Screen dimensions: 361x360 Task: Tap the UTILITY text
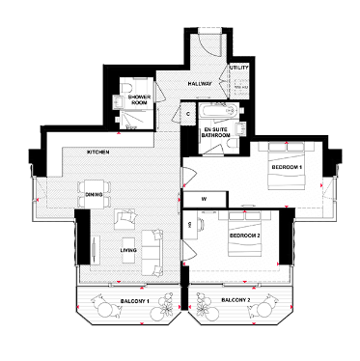click(x=238, y=68)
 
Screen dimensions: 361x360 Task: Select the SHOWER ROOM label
click(x=144, y=99)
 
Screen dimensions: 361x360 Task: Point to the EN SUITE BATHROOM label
click(x=215, y=134)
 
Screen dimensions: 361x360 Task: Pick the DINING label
click(x=93, y=195)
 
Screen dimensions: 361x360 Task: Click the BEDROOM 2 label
click(x=244, y=235)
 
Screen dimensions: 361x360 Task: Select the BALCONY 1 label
click(x=128, y=301)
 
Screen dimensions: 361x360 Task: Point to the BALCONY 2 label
click(x=236, y=301)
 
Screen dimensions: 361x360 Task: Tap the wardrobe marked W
click(x=205, y=200)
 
